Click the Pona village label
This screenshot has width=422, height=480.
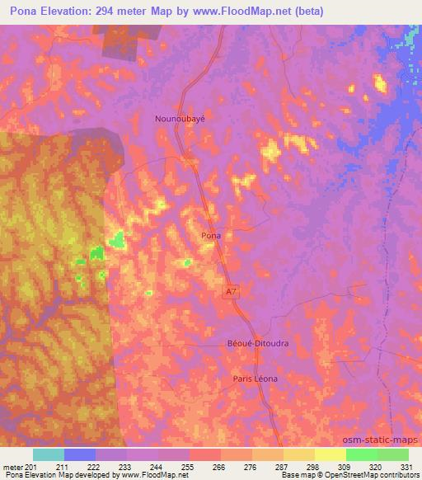point(211,235)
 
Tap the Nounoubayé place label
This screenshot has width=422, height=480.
point(180,118)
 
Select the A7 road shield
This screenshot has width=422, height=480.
point(232,291)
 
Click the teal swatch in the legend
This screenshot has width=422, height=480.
point(49,454)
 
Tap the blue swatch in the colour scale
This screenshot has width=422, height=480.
point(80,454)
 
